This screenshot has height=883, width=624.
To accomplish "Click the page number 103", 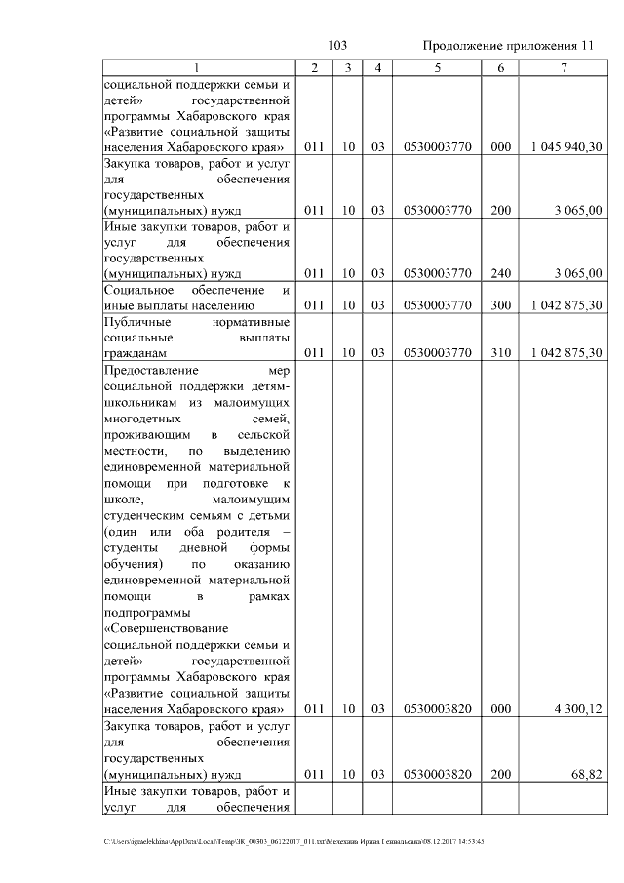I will pyautogui.click(x=337, y=46).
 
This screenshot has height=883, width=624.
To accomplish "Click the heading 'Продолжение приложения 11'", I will pyautogui.click(x=508, y=46).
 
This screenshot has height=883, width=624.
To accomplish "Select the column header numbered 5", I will pyautogui.click(x=438, y=68).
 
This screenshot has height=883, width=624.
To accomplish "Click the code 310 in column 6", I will pyautogui.click(x=501, y=352).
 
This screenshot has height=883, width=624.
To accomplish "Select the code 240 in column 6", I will pyautogui.click(x=501, y=274).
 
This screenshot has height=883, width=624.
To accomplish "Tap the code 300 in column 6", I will pyautogui.click(x=501, y=305).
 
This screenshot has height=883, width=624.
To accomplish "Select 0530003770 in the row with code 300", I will pyautogui.click(x=438, y=305).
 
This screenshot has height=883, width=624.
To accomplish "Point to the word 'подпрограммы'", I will pyautogui.click(x=145, y=613).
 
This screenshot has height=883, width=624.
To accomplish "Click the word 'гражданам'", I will pyautogui.click(x=136, y=352).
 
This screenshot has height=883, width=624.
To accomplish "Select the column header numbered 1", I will pyautogui.click(x=198, y=68).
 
